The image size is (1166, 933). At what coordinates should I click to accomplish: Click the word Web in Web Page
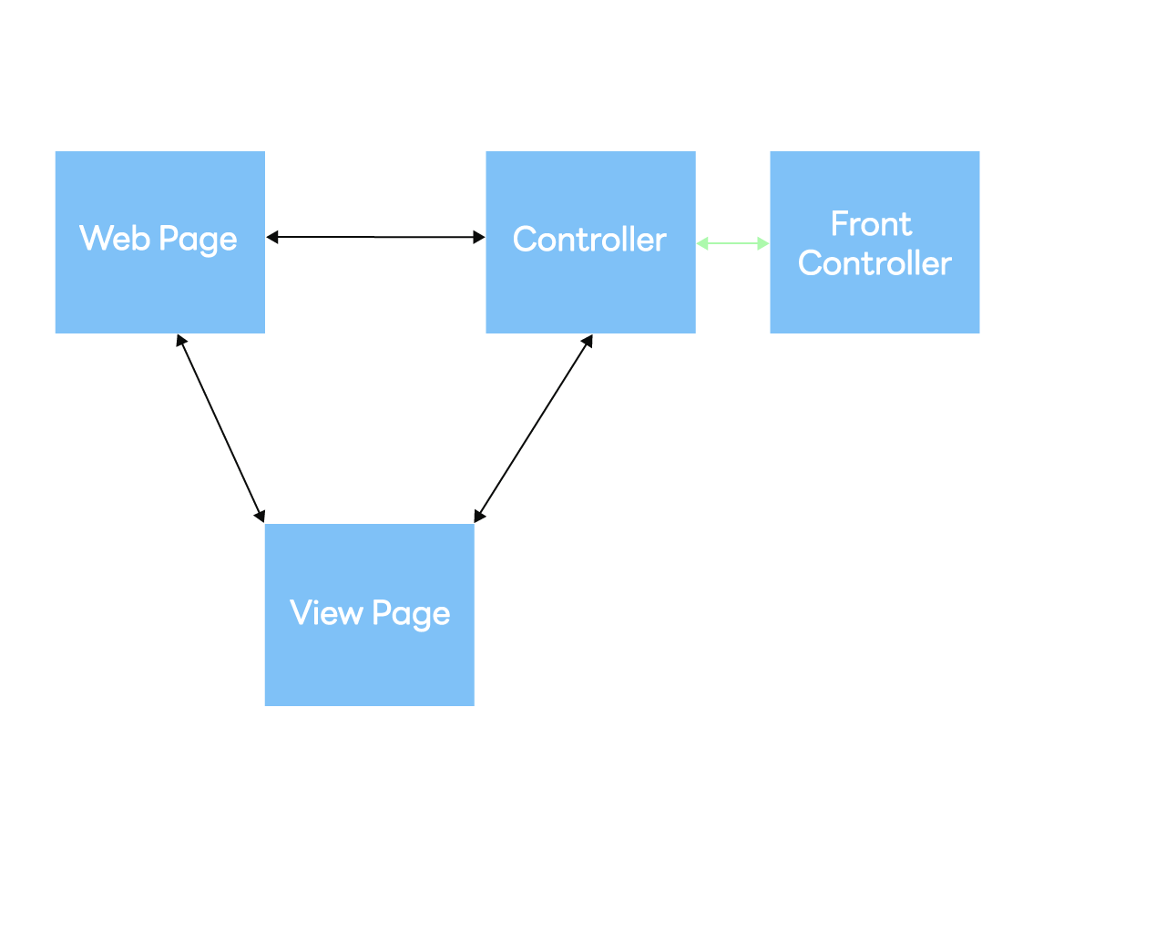pyautogui.click(x=114, y=239)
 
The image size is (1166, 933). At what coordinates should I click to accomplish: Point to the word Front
pyautogui.click(x=871, y=224)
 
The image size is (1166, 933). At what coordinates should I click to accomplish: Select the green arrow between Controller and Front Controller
pyautogui.click(x=732, y=243)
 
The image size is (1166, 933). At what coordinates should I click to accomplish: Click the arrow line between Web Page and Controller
pyautogui.click(x=375, y=237)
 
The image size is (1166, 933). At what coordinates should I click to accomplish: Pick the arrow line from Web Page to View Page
pyautogui.click(x=221, y=428)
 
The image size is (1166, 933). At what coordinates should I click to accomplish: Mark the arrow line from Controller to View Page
pyautogui.click(x=534, y=428)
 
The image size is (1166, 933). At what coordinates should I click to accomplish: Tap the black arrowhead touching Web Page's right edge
pyautogui.click(x=271, y=237)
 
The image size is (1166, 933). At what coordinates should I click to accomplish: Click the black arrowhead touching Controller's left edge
pyautogui.click(x=479, y=237)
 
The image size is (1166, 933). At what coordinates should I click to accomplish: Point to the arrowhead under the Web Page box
pyautogui.click(x=181, y=341)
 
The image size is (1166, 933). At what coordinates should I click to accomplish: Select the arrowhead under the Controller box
pyautogui.click(x=588, y=341)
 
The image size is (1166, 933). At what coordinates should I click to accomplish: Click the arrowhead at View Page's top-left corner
pyautogui.click(x=260, y=516)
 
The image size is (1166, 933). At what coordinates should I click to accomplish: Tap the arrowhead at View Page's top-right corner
pyautogui.click(x=479, y=516)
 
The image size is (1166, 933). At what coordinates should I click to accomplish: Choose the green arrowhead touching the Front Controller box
pyautogui.click(x=763, y=243)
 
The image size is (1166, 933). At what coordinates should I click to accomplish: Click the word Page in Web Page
pyautogui.click(x=198, y=241)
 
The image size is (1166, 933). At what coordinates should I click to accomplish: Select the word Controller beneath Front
pyautogui.click(x=874, y=263)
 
